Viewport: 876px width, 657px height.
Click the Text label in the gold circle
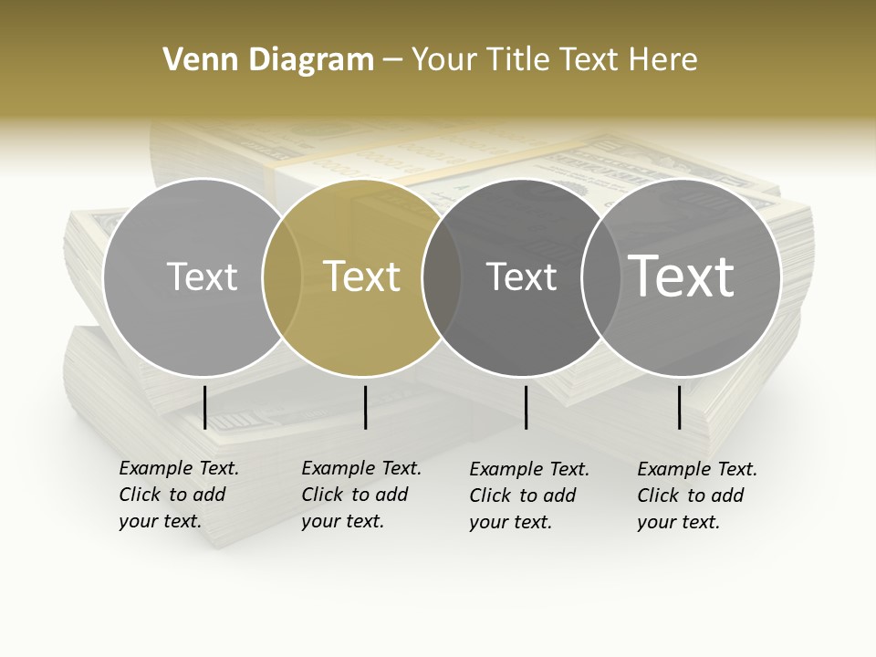361,276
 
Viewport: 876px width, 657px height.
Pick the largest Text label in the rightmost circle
682,276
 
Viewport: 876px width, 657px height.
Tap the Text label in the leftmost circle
202,276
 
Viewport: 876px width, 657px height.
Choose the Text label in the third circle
521,276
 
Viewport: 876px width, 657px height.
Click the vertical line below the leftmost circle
205,407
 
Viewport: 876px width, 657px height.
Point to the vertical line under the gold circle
365,407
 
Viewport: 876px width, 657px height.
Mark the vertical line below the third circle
526,407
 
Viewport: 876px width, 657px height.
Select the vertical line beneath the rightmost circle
680,407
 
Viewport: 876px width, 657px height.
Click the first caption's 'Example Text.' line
179,468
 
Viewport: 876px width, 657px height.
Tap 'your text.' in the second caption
342,521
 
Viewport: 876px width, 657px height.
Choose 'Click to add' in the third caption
523,495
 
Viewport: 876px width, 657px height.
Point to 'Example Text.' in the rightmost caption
697,469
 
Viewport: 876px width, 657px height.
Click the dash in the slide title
392,60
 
